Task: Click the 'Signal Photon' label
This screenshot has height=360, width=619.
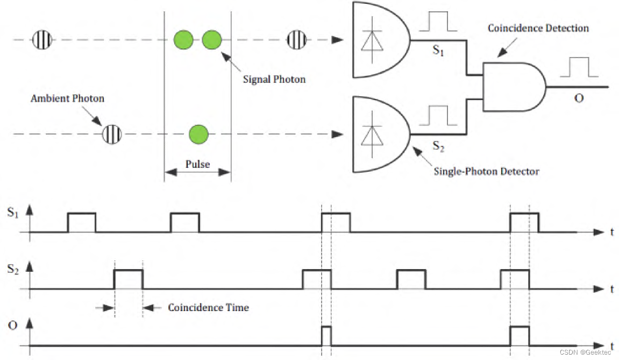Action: coord(274,80)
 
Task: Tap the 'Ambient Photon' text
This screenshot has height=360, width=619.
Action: coord(67,98)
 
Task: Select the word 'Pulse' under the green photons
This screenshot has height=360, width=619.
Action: coord(197,164)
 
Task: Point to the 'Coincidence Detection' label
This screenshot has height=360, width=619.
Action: coord(538,28)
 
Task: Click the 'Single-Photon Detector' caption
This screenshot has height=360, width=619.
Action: coord(486,171)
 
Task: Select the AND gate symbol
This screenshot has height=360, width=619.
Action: coord(514,86)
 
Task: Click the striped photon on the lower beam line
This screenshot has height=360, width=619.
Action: coord(112,133)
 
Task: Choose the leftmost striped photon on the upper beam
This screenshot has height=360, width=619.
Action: coord(42,40)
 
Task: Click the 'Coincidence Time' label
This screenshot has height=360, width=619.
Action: coord(208,308)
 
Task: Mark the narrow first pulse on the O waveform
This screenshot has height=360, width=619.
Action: coord(326,335)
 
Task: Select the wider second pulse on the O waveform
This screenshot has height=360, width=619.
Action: coord(520,335)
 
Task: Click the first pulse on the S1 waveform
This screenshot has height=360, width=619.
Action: coord(82,222)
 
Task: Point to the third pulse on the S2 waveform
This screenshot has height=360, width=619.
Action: coord(411,279)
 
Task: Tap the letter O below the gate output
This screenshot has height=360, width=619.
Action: coord(579,98)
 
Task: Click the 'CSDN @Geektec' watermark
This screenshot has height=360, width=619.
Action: coord(588,352)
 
